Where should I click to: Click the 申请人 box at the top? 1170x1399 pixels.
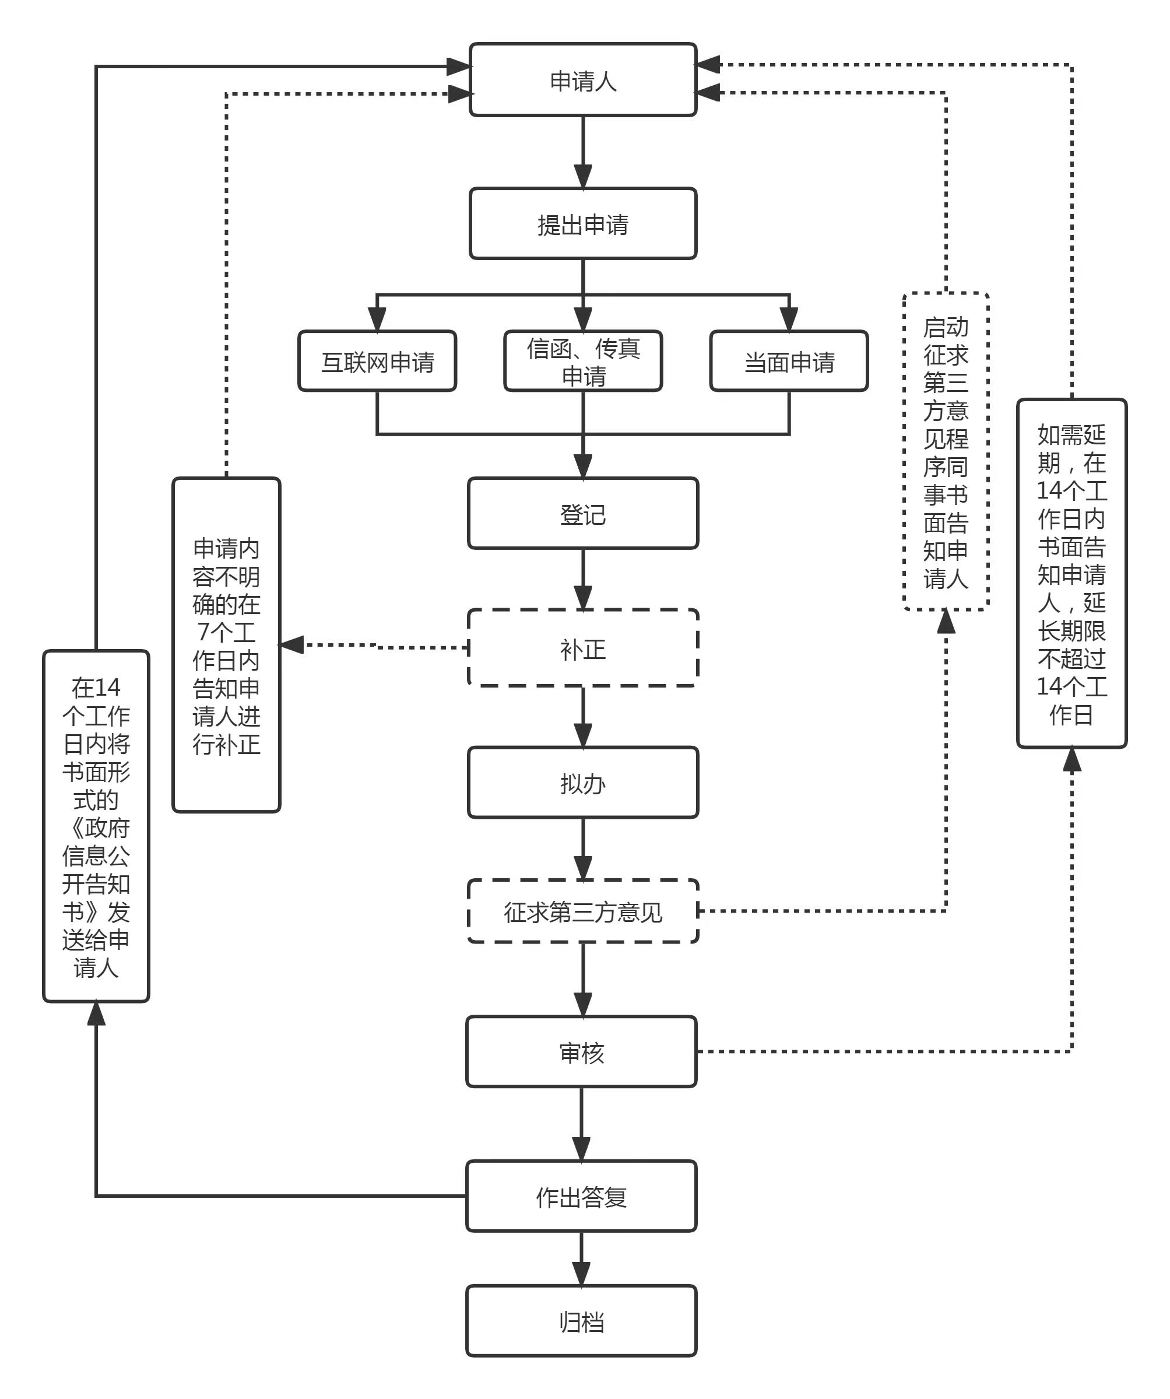pos(583,80)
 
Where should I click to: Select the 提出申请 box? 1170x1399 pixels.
pos(583,224)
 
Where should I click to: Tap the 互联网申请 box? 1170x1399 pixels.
pos(377,361)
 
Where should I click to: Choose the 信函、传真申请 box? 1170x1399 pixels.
pos(583,361)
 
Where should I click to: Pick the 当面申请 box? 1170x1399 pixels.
pos(789,361)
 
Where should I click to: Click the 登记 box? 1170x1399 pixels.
pos(583,514)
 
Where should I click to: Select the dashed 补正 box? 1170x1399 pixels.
pos(583,648)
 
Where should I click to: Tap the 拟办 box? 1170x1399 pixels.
pos(583,783)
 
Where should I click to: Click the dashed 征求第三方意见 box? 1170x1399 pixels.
pos(583,911)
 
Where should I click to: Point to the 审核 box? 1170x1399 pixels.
pos(581,1052)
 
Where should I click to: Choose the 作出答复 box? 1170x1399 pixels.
pos(581,1197)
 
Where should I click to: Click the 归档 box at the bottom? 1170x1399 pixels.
pos(581,1321)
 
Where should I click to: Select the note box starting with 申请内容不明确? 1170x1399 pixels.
pos(226,645)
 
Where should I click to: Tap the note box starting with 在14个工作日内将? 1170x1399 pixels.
pos(96,826)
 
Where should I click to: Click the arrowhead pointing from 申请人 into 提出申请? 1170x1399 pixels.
pos(583,177)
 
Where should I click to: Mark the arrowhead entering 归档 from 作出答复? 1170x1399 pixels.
pos(581,1274)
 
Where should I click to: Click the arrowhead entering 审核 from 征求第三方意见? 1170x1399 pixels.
pos(583,1005)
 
